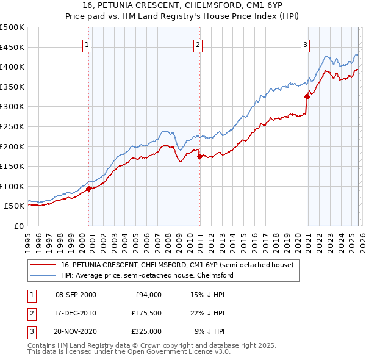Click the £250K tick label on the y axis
coord(12,126)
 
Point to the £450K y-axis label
coord(12,47)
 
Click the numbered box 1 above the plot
coord(87,45)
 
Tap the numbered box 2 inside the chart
coord(198,45)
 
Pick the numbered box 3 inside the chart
coord(305,45)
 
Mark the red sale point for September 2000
coord(89,189)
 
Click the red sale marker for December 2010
coord(199,156)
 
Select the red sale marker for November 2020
coord(307,96)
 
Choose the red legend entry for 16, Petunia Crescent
coord(178,265)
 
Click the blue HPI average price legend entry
coord(146,275)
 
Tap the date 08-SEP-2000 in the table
coord(76,295)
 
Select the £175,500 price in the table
coord(146,313)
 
